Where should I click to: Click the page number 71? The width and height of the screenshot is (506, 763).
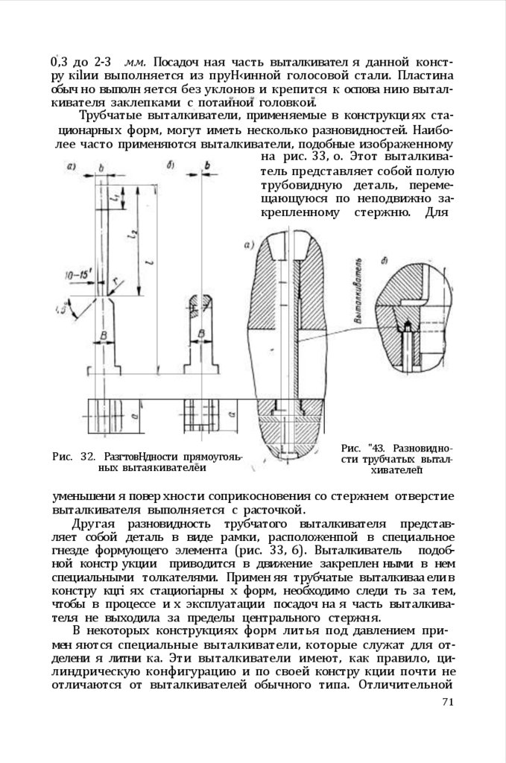[x=447, y=701]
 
